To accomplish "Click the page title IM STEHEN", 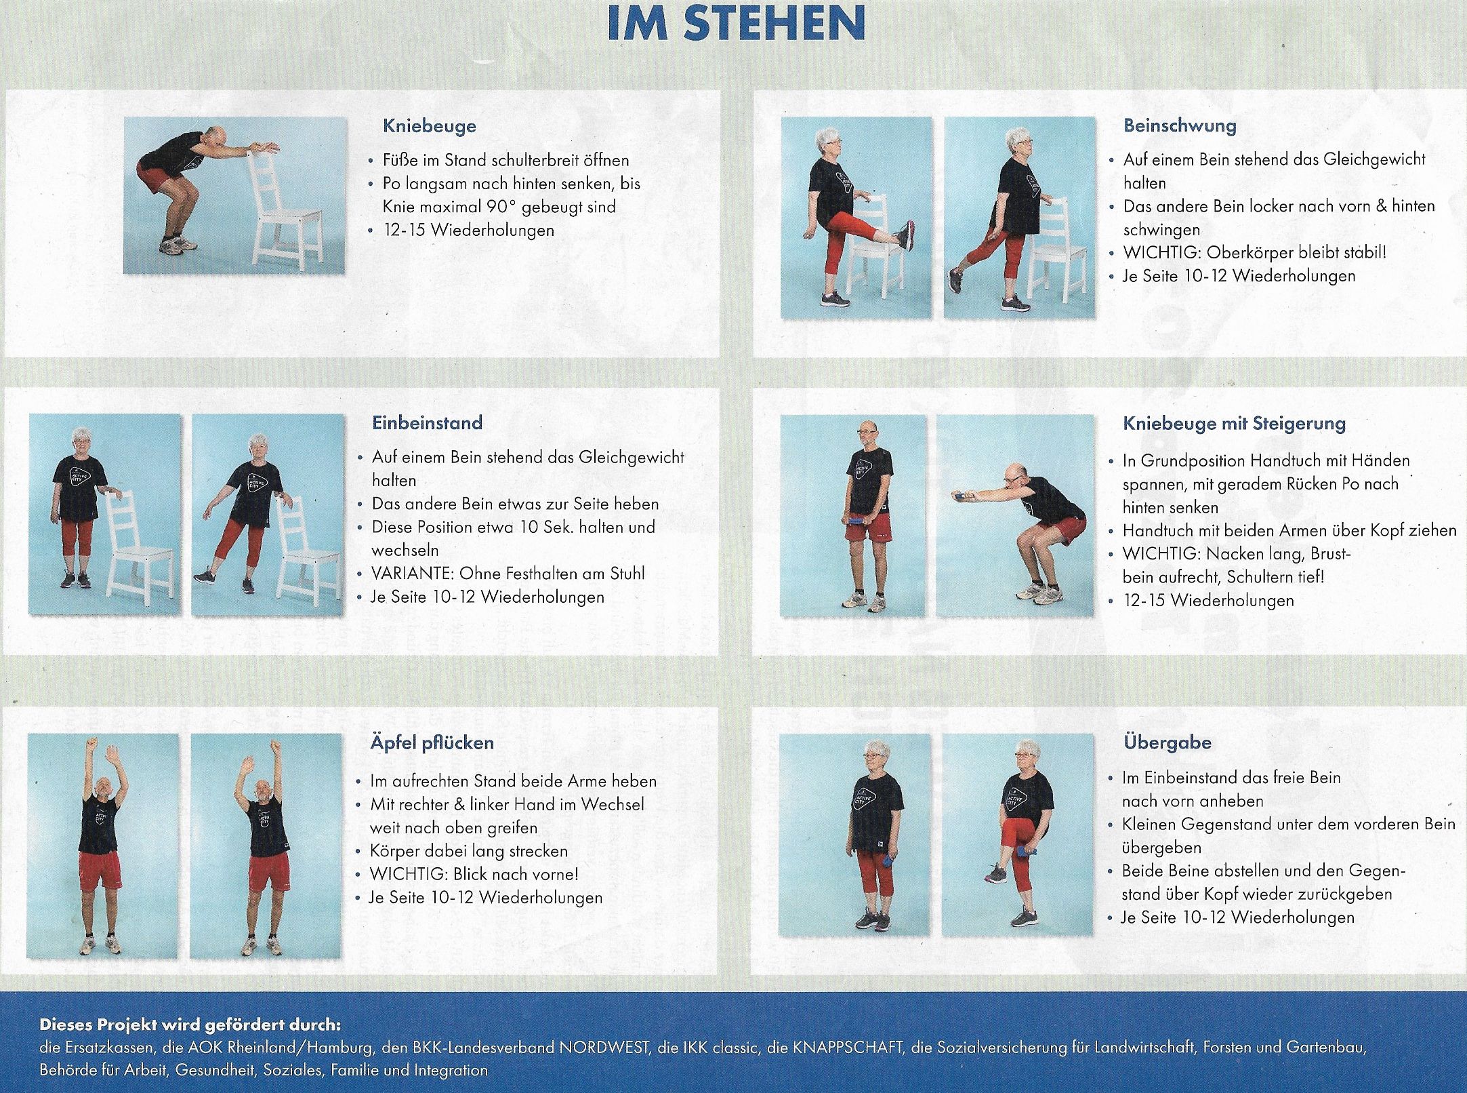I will pyautogui.click(x=737, y=24).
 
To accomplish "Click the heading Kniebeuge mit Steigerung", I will pyautogui.click(x=1234, y=424).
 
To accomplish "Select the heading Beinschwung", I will pyautogui.click(x=1180, y=125).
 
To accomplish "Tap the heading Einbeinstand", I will pyautogui.click(x=427, y=423).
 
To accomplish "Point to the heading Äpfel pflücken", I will pyautogui.click(x=432, y=742).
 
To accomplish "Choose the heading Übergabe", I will pyautogui.click(x=1167, y=742).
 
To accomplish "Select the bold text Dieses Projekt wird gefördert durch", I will pyautogui.click(x=190, y=1024).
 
